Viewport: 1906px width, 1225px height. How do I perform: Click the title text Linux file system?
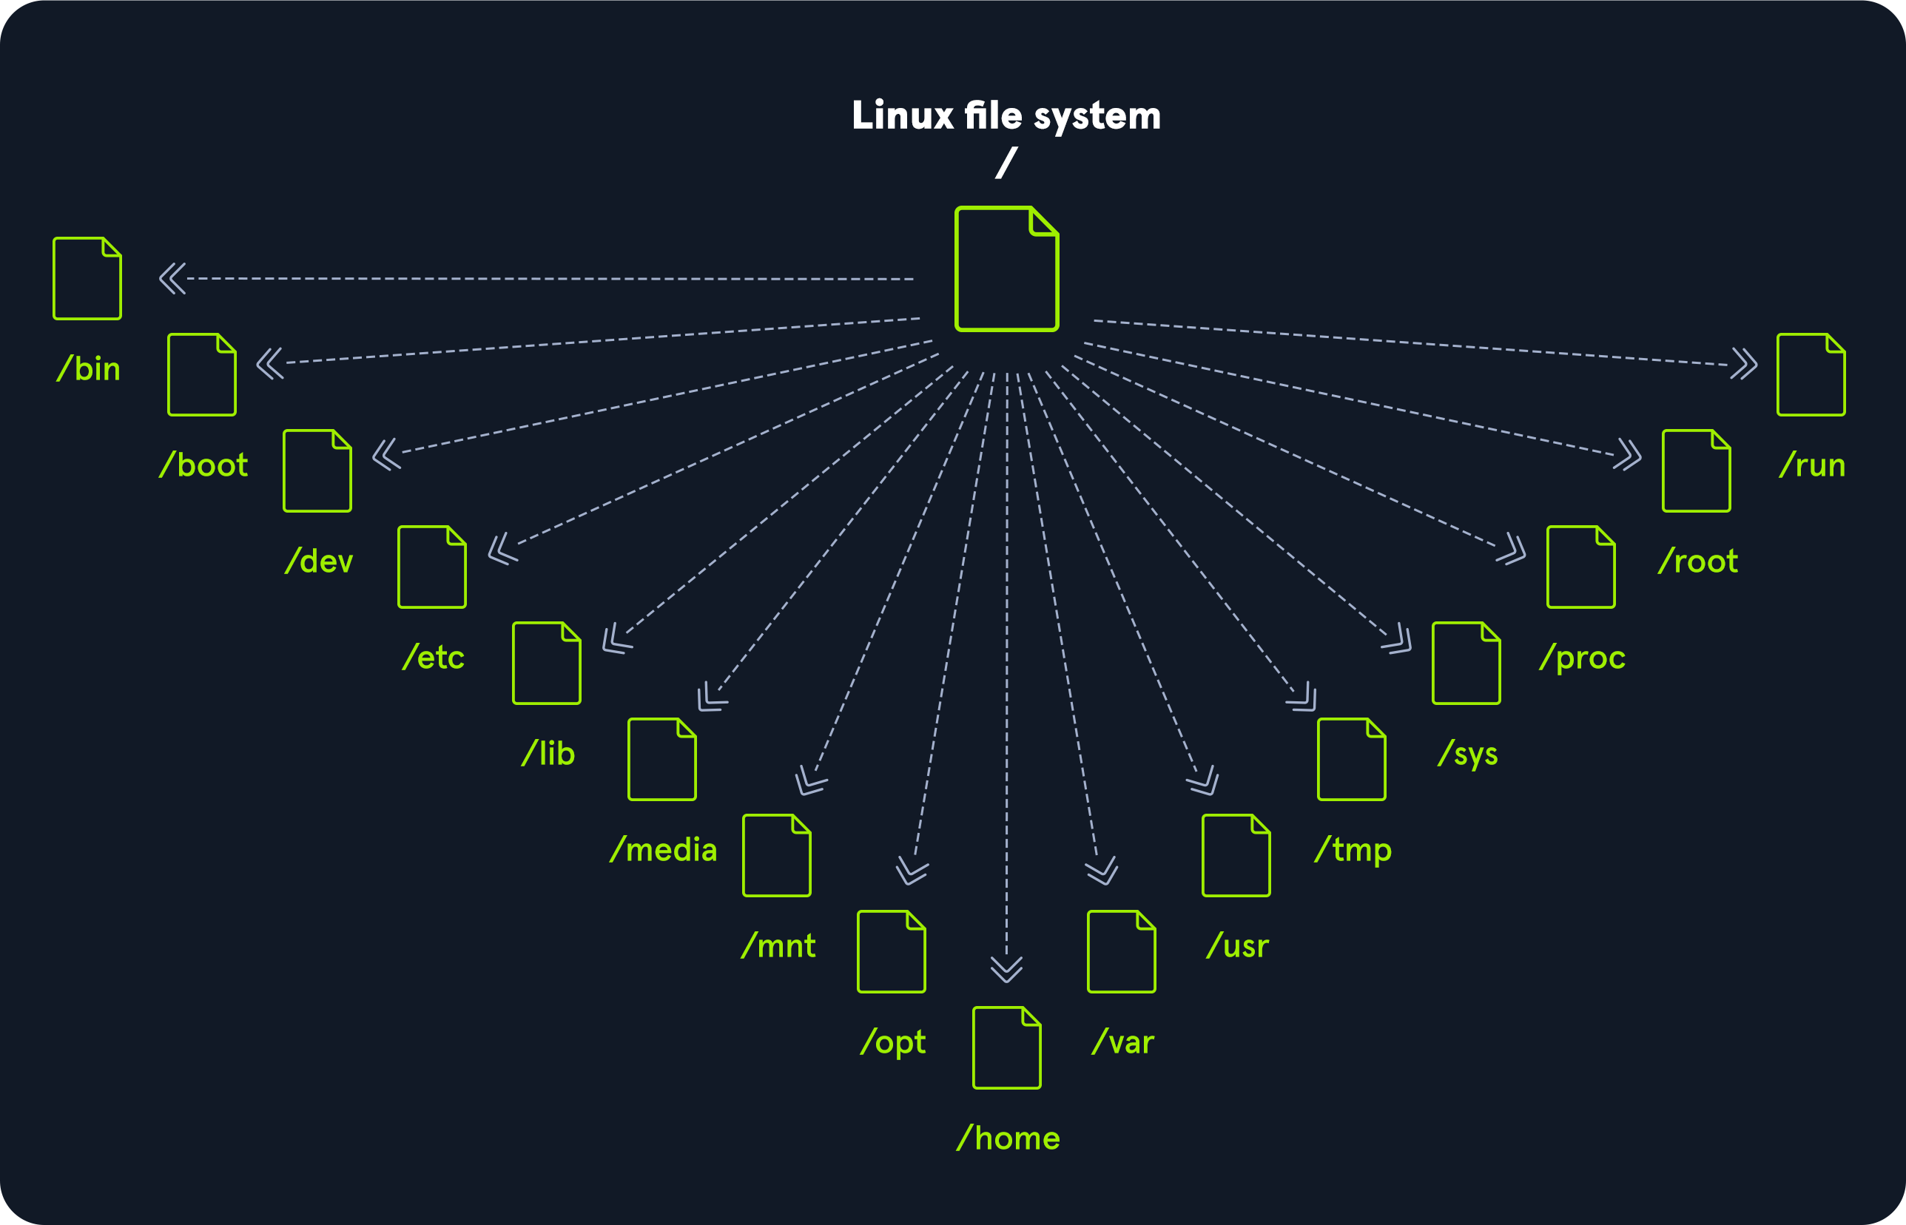click(x=1006, y=116)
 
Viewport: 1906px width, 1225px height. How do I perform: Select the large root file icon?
click(x=1006, y=269)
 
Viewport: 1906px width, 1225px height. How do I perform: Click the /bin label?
click(x=88, y=369)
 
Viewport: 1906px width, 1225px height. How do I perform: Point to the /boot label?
click(x=203, y=465)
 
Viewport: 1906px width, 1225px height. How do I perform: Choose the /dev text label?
click(x=319, y=561)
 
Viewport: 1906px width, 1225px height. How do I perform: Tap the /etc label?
click(x=434, y=658)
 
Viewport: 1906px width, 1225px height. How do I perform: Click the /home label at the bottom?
click(x=1008, y=1139)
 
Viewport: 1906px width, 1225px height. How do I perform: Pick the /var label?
click(x=1122, y=1043)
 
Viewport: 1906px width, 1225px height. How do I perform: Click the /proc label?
click(x=1582, y=658)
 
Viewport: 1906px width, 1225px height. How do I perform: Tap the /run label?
click(x=1812, y=465)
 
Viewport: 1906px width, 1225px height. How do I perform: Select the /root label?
click(x=1697, y=561)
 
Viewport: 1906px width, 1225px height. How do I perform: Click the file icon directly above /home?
click(x=1006, y=1047)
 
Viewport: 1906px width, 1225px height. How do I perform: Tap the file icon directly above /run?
click(x=1811, y=374)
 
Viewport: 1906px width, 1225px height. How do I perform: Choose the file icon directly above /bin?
click(x=87, y=278)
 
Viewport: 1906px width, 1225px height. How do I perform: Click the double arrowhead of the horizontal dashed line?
click(x=172, y=278)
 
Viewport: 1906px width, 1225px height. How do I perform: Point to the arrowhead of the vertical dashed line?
click(x=1006, y=969)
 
